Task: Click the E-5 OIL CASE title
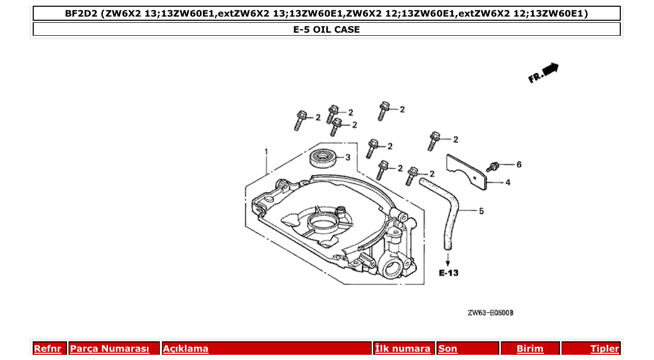pos(326,30)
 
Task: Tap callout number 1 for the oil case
pos(266,152)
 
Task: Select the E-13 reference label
pos(448,273)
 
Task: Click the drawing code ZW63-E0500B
pos(491,313)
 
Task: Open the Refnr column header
pos(48,349)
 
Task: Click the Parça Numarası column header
pos(110,349)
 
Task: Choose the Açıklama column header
pos(186,349)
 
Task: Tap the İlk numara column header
pos(403,349)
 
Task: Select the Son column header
pos(448,349)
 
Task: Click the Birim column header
pos(530,349)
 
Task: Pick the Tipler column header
pos(605,349)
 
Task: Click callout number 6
pos(519,164)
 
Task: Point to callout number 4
pos(508,182)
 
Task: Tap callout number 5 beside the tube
pos(481,211)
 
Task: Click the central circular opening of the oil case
pos(322,224)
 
